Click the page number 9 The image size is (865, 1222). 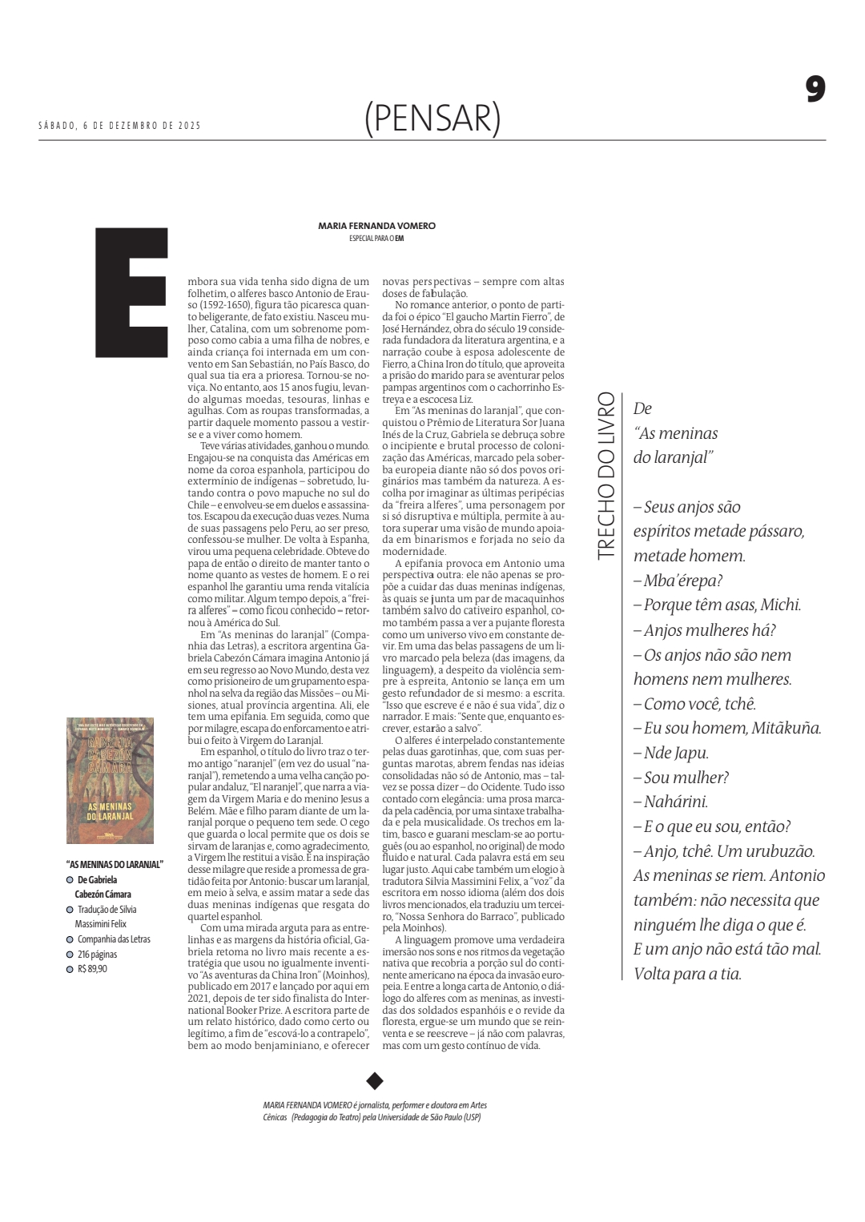(x=815, y=89)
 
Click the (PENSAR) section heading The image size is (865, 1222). (x=432, y=118)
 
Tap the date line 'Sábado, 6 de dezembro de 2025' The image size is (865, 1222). (x=120, y=126)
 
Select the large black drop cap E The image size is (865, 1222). (x=132, y=292)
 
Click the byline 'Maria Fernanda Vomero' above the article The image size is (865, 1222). (x=376, y=226)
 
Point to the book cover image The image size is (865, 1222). (x=110, y=781)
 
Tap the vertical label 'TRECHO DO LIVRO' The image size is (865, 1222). (x=606, y=475)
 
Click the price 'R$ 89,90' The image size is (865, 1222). (x=92, y=969)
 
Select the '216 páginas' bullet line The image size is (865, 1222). (x=97, y=954)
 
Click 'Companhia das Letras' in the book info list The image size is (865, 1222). (x=114, y=939)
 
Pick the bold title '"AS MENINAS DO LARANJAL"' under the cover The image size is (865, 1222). (x=115, y=864)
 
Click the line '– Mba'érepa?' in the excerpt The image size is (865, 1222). (x=678, y=581)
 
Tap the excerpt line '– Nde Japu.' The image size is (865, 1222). (x=671, y=753)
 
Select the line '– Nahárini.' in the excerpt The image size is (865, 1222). (x=671, y=802)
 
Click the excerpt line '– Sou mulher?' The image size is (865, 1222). (x=681, y=778)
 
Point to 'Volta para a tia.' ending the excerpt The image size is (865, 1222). (x=687, y=975)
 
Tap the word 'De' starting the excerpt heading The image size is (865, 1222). (x=642, y=408)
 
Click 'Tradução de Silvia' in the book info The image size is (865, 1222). (x=107, y=910)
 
